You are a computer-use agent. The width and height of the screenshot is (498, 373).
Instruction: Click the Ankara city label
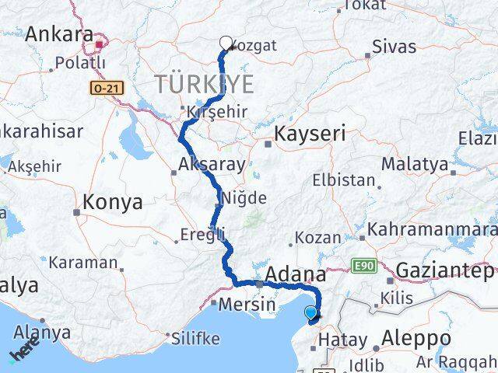click(59, 35)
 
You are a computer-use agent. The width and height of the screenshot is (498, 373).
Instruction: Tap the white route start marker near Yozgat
click(226, 44)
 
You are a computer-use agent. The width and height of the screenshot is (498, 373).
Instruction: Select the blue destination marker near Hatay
click(311, 314)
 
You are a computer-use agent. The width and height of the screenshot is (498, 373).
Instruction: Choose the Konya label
click(114, 203)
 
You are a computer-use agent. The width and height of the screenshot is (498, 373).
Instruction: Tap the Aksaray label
click(212, 165)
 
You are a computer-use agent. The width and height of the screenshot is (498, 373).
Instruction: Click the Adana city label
click(296, 274)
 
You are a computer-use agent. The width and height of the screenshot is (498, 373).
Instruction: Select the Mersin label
click(247, 304)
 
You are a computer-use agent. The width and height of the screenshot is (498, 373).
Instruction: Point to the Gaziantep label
click(445, 271)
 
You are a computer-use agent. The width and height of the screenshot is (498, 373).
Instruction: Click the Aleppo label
click(417, 339)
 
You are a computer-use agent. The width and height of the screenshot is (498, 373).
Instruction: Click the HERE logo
click(25, 347)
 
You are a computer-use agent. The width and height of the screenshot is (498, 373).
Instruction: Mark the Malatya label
click(415, 165)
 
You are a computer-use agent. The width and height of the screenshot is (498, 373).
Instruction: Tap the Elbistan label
click(343, 180)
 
